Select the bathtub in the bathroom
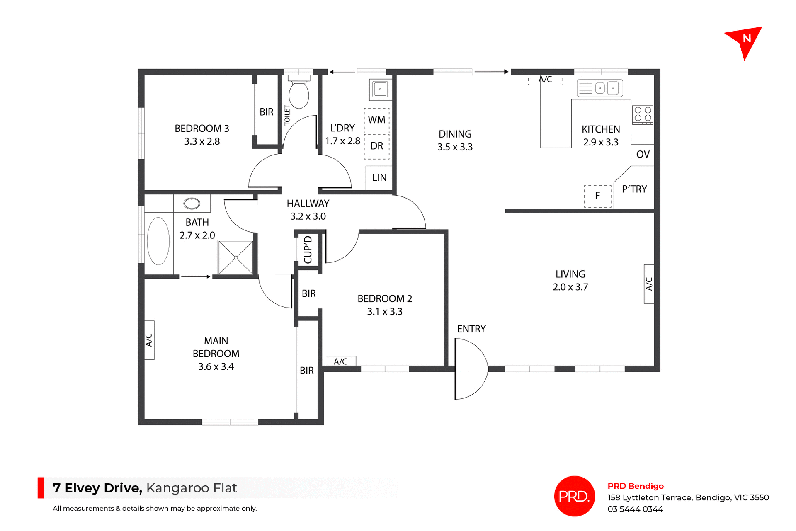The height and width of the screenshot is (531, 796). click(x=158, y=241)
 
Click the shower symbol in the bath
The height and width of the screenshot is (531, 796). click(x=235, y=257)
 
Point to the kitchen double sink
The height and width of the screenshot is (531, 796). click(x=600, y=88)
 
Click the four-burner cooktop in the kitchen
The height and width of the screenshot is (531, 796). click(x=643, y=114)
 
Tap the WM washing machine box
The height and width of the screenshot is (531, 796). click(x=376, y=120)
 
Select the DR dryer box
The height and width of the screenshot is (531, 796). click(x=376, y=146)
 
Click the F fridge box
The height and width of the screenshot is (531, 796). click(x=597, y=196)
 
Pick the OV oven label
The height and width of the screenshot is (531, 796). click(x=643, y=155)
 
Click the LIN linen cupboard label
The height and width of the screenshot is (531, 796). click(x=379, y=178)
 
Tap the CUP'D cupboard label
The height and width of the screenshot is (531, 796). click(x=308, y=250)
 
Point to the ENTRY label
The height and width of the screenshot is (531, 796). click(x=471, y=329)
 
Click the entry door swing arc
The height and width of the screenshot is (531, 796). click(x=473, y=369)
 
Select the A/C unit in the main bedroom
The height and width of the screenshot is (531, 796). click(x=149, y=340)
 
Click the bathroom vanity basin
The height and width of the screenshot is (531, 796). click(x=192, y=203)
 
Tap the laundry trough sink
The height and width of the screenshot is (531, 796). click(x=380, y=89)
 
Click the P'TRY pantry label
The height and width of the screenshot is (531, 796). click(x=634, y=189)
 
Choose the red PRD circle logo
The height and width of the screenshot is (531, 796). click(x=574, y=496)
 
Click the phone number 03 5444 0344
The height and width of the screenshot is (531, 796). click(x=635, y=509)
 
